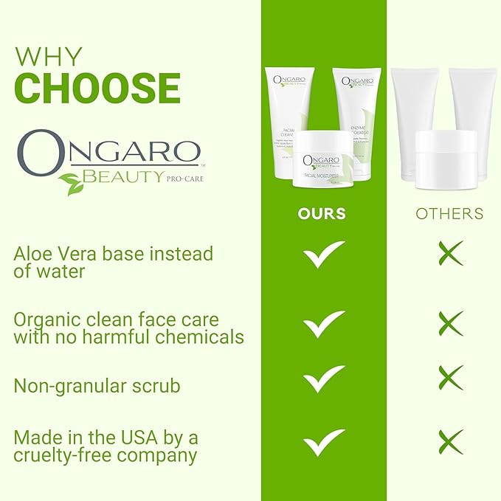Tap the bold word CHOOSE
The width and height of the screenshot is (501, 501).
[x=97, y=89]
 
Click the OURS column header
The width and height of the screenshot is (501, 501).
[x=322, y=214]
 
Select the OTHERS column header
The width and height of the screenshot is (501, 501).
[x=449, y=214]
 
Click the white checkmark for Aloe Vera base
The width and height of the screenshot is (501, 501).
[x=324, y=254]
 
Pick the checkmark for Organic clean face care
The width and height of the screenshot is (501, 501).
[x=324, y=323]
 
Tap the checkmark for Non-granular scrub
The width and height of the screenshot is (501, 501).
[x=324, y=379]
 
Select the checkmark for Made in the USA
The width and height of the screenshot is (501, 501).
[x=324, y=441]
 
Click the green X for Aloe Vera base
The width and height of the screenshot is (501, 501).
[x=450, y=253]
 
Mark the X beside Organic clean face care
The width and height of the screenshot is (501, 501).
[x=450, y=323]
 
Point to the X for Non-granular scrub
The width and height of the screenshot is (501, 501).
[x=450, y=377]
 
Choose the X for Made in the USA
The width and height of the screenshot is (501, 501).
[x=450, y=440]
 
